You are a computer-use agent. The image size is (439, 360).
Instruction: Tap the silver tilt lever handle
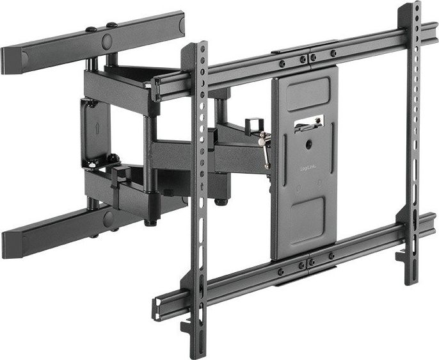click(264, 149)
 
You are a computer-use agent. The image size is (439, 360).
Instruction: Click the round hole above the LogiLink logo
click(308, 145)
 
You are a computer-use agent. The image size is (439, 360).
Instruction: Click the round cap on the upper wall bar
click(106, 42)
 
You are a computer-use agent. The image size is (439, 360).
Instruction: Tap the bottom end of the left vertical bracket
click(196, 349)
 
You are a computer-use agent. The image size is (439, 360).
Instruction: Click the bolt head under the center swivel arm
click(221, 202)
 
